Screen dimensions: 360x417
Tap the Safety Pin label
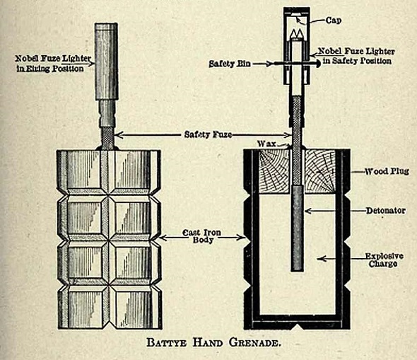pyautogui.click(x=226, y=63)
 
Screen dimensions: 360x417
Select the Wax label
pyautogui.click(x=265, y=143)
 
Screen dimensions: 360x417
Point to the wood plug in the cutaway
pyautogui.click(x=269, y=173)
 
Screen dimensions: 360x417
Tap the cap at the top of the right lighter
pyautogui.click(x=297, y=12)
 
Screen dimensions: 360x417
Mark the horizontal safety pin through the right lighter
pyautogui.click(x=298, y=64)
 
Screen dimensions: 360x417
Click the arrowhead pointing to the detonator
pyautogui.click(x=307, y=210)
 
